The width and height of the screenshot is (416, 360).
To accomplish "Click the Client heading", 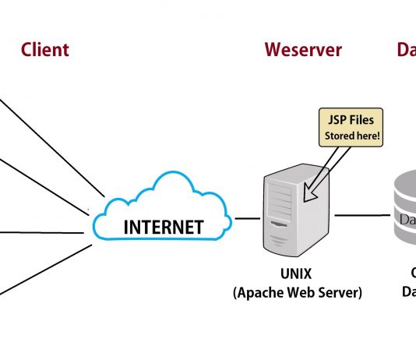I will pos(44,50).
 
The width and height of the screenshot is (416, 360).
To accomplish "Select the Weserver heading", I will pos(302,50).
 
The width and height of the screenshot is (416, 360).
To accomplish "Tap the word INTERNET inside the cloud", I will pos(164,228).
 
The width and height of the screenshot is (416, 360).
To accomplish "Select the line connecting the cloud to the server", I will pos(248,218).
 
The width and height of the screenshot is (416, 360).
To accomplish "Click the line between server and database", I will pos(361,215).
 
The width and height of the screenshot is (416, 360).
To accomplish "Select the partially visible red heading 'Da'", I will pos(405,50).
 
